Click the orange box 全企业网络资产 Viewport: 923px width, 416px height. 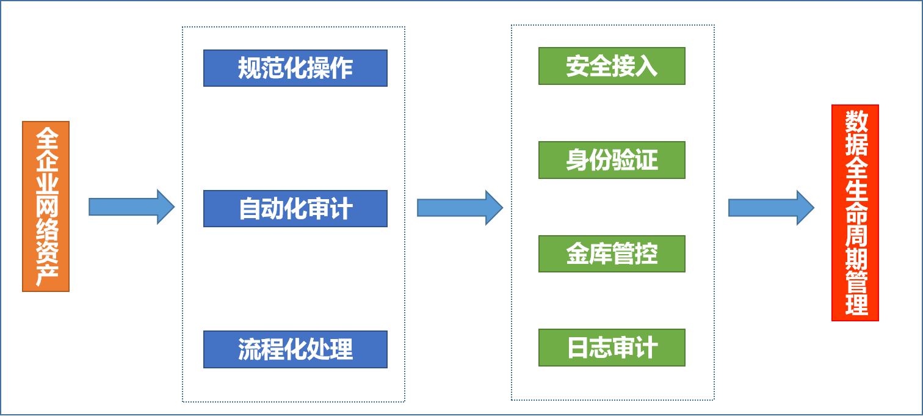click(x=46, y=206)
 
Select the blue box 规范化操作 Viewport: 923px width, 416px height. click(x=295, y=68)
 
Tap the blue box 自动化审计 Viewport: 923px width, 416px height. click(x=295, y=209)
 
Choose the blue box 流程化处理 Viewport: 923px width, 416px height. click(x=295, y=349)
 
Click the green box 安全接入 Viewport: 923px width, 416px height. click(x=612, y=66)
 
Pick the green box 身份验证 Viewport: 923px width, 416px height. click(x=612, y=160)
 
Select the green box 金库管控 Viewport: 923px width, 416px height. click(x=612, y=254)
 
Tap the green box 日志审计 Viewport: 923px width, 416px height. click(x=612, y=348)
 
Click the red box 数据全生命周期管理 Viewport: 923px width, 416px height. click(x=855, y=213)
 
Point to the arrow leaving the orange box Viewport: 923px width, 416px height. click(x=131, y=207)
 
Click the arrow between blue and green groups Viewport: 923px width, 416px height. click(x=460, y=208)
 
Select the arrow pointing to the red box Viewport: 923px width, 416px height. click(x=771, y=208)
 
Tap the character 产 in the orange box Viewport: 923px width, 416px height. click(x=46, y=276)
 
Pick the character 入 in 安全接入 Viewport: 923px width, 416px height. click(x=646, y=66)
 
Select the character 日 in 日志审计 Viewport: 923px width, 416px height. click(x=577, y=348)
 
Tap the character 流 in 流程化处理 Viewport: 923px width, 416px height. click(x=249, y=350)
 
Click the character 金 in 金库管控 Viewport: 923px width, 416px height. click(x=577, y=254)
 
